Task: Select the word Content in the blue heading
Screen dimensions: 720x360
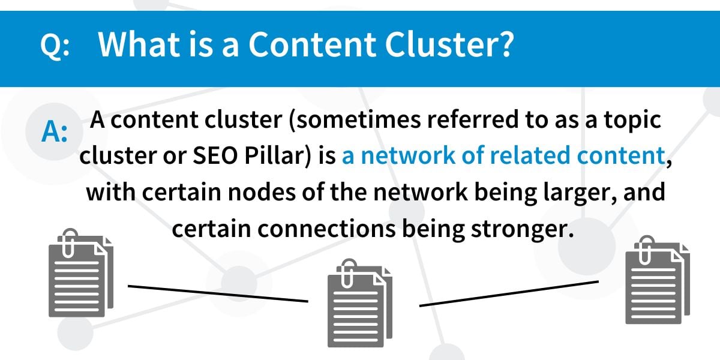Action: pos(312,44)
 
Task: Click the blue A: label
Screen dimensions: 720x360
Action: pos(55,132)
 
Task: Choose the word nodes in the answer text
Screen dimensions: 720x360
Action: pos(262,193)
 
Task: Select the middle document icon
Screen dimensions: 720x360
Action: pos(359,303)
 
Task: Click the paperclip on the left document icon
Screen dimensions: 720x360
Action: pos(68,242)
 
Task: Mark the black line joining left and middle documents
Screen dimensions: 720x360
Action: pos(218,293)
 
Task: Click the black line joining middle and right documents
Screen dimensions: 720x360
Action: pos(509,294)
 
